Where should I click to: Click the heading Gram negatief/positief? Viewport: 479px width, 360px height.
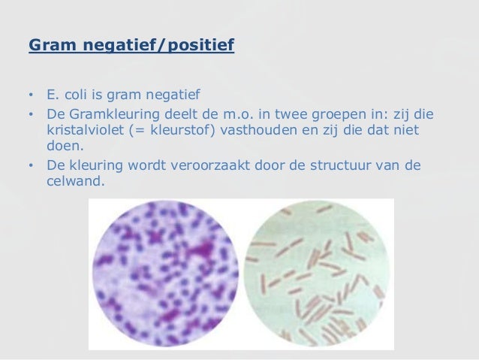pyautogui.click(x=131, y=47)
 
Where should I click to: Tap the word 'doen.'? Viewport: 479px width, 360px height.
pyautogui.click(x=62, y=147)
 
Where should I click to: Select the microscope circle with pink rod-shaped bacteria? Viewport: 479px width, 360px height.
pyautogui.click(x=319, y=275)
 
